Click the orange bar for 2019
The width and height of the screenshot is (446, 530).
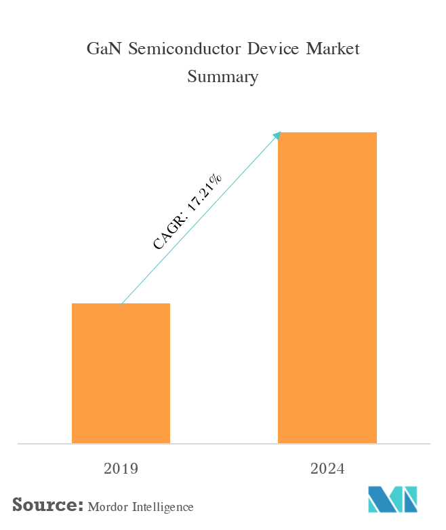(121, 373)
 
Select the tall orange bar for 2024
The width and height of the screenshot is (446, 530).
(327, 288)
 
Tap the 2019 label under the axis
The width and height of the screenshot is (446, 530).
(121, 468)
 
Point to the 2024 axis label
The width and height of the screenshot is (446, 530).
(327, 468)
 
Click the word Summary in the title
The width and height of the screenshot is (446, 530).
(223, 77)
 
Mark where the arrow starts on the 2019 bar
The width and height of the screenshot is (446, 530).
(121, 303)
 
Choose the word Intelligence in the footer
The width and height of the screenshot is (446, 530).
(163, 506)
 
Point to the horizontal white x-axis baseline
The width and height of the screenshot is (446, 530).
(224, 444)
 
